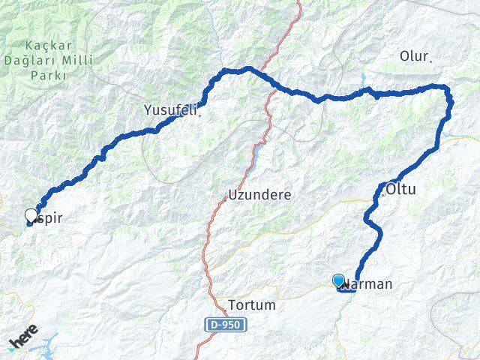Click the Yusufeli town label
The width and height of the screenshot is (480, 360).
[169, 110]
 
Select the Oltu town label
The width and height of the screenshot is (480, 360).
[400, 190]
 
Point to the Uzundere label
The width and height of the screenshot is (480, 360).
[259, 194]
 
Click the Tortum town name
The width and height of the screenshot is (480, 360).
[251, 305]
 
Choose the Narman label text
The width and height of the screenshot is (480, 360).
[369, 284]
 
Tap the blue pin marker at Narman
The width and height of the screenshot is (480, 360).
[339, 280]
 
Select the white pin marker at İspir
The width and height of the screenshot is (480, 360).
[31, 215]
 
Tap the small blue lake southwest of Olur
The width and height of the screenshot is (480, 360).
[364, 79]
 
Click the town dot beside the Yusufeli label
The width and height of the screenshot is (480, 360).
[199, 115]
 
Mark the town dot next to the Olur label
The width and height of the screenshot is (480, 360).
[430, 60]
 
